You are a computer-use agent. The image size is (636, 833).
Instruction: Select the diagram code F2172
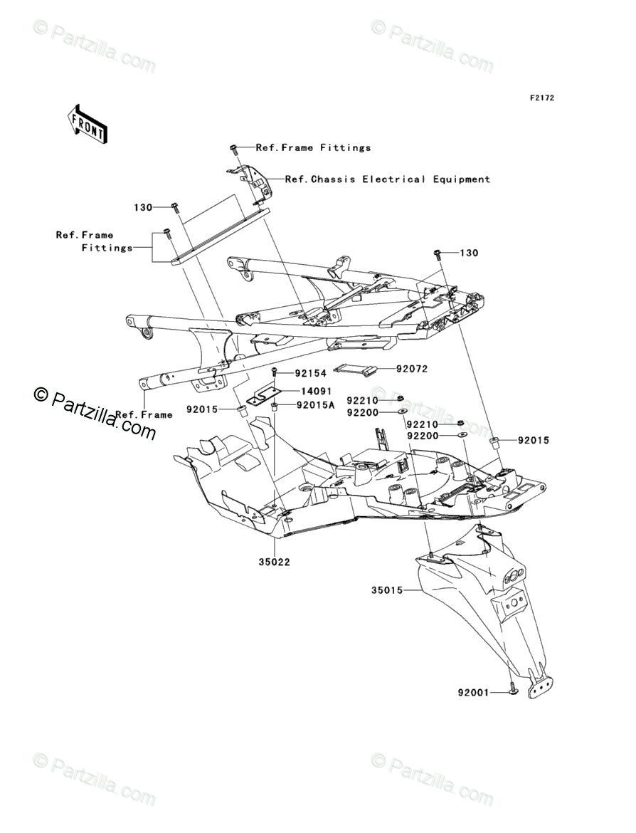[542, 98]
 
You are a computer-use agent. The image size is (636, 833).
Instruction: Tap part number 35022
[275, 562]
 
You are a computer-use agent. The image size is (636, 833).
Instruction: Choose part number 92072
[412, 369]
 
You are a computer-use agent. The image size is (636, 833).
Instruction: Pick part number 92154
[311, 374]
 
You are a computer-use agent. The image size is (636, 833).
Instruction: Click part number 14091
[317, 392]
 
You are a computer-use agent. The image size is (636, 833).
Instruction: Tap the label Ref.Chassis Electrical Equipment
[388, 179]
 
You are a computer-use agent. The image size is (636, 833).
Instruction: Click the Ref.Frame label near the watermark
[144, 414]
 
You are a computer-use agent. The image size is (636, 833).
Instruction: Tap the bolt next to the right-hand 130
[438, 253]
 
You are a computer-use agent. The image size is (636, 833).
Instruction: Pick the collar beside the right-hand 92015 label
[494, 442]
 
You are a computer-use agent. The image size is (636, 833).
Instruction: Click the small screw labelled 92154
[275, 373]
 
